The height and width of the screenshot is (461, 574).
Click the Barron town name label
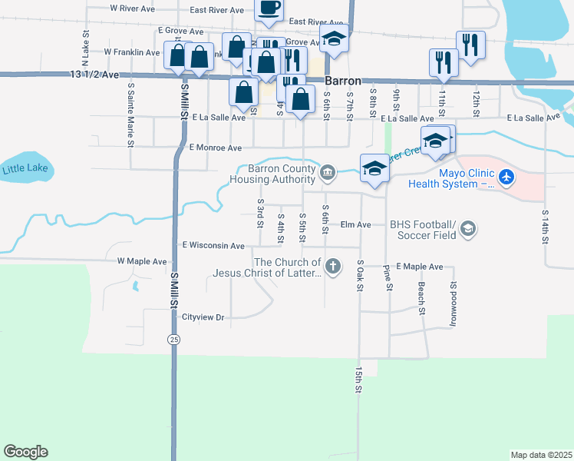click(x=342, y=80)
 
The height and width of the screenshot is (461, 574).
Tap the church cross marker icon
click(x=332, y=267)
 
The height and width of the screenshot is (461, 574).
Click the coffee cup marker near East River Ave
click(x=269, y=8)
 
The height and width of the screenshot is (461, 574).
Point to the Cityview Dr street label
click(x=203, y=317)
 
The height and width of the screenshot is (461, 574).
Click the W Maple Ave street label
click(x=142, y=261)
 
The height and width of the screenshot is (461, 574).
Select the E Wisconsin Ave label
click(x=213, y=246)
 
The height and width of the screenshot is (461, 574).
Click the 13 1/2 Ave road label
click(x=95, y=75)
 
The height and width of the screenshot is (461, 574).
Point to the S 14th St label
click(x=545, y=227)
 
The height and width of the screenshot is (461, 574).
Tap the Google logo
click(x=25, y=452)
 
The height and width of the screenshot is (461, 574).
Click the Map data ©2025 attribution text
click(x=540, y=455)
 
